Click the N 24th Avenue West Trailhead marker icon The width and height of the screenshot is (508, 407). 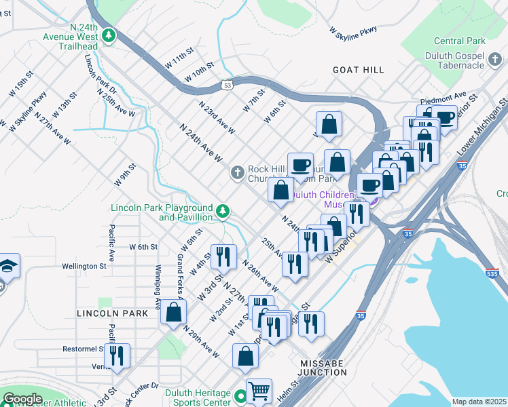pos(108,34)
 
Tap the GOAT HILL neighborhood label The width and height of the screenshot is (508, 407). pos(358,70)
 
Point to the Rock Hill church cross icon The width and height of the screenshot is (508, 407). pos(237,172)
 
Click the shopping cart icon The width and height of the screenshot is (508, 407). pos(259,391)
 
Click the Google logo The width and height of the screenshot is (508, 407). pos(22,399)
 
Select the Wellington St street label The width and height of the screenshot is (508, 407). pos(84,267)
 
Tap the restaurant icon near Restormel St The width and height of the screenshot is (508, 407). pos(117,355)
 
